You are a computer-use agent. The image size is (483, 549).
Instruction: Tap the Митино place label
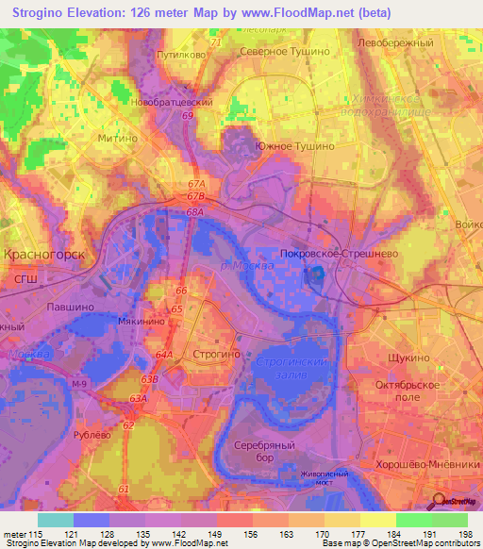pyautogui.click(x=119, y=137)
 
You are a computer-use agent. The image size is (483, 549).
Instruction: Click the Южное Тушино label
pyautogui.click(x=295, y=147)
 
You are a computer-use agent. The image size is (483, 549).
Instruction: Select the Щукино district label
pyautogui.click(x=409, y=359)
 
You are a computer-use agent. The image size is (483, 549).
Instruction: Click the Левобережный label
pyautogui.click(x=394, y=43)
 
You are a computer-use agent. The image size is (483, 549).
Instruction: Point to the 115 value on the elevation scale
pyautogui.click(x=34, y=535)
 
